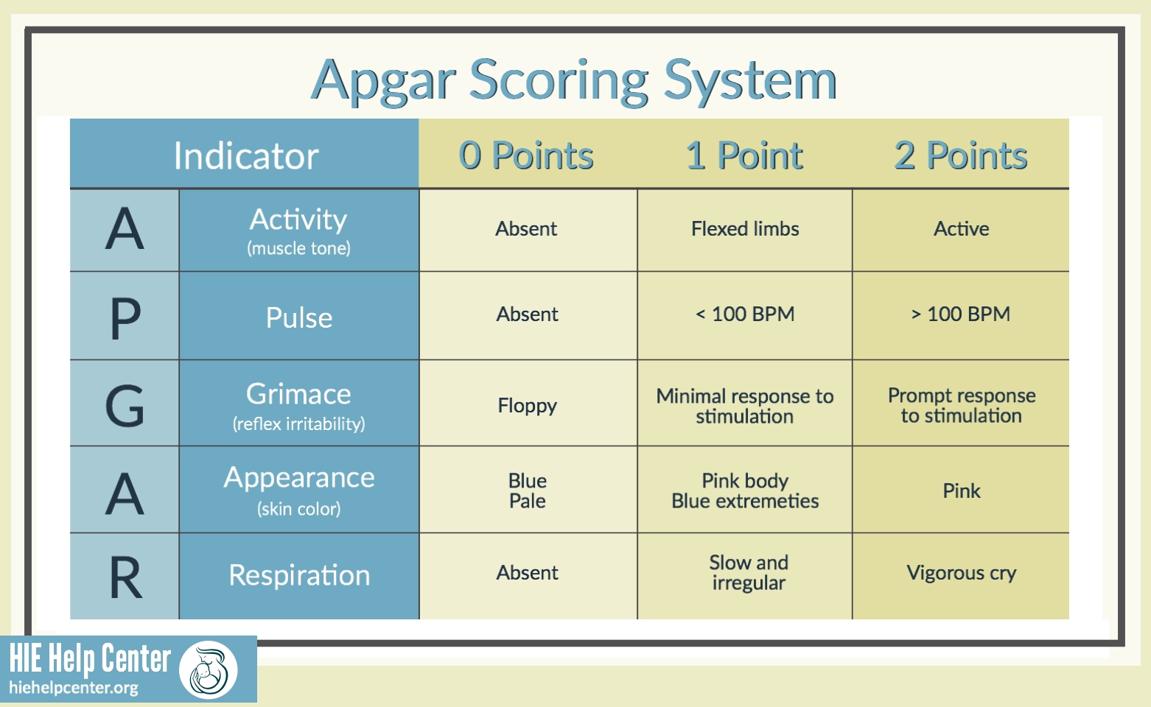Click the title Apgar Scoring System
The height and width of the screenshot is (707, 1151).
pyautogui.click(x=574, y=80)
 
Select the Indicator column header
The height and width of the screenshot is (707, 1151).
pyautogui.click(x=245, y=155)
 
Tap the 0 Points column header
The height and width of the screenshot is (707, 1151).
pyautogui.click(x=526, y=155)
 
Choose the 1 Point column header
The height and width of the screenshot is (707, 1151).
pyautogui.click(x=744, y=155)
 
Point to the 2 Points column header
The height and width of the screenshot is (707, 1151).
pyautogui.click(x=960, y=155)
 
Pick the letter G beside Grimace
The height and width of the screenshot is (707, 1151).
pyautogui.click(x=125, y=405)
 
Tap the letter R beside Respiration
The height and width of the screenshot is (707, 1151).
pyautogui.click(x=125, y=577)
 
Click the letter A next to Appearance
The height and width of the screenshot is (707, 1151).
pyautogui.click(x=125, y=493)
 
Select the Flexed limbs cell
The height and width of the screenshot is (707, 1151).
pyautogui.click(x=745, y=229)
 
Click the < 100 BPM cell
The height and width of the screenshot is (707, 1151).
pyautogui.click(x=745, y=314)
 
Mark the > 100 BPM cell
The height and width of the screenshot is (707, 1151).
pyautogui.click(x=961, y=314)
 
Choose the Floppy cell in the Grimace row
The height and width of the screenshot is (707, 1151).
pyautogui.click(x=527, y=406)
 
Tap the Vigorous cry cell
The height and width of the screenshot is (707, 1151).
pyautogui.click(x=961, y=573)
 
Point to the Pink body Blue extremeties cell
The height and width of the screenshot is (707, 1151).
pyautogui.click(x=745, y=491)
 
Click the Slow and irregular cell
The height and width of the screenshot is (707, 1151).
pyautogui.click(x=748, y=573)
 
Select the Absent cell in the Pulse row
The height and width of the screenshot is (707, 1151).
pyautogui.click(x=527, y=314)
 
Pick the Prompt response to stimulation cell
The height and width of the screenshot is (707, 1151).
pyautogui.click(x=961, y=406)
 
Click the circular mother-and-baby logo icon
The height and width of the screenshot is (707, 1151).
pyautogui.click(x=209, y=669)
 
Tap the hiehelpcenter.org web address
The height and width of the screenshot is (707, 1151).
pyautogui.click(x=74, y=689)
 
